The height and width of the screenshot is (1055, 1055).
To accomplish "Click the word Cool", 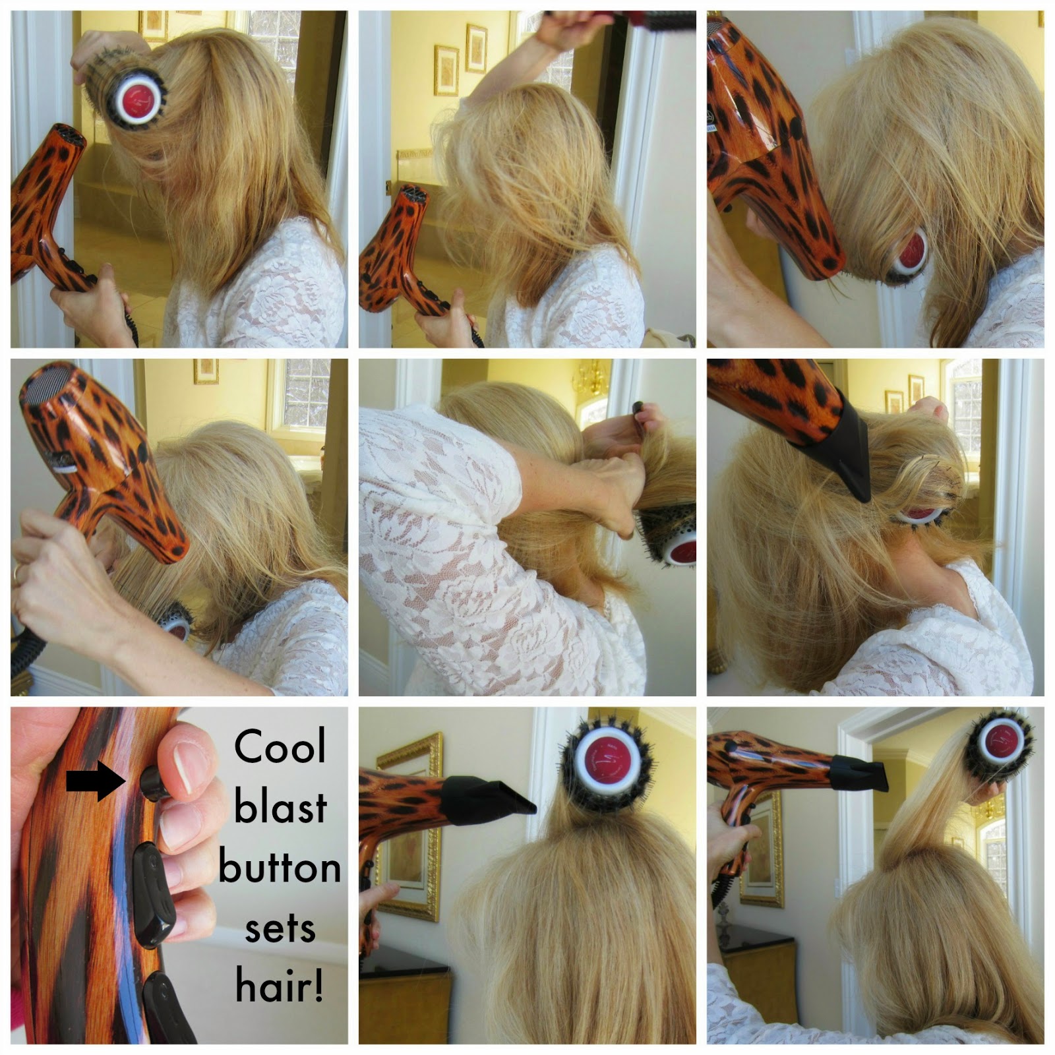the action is [280, 747].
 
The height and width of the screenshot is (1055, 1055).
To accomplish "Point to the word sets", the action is [280, 929].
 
